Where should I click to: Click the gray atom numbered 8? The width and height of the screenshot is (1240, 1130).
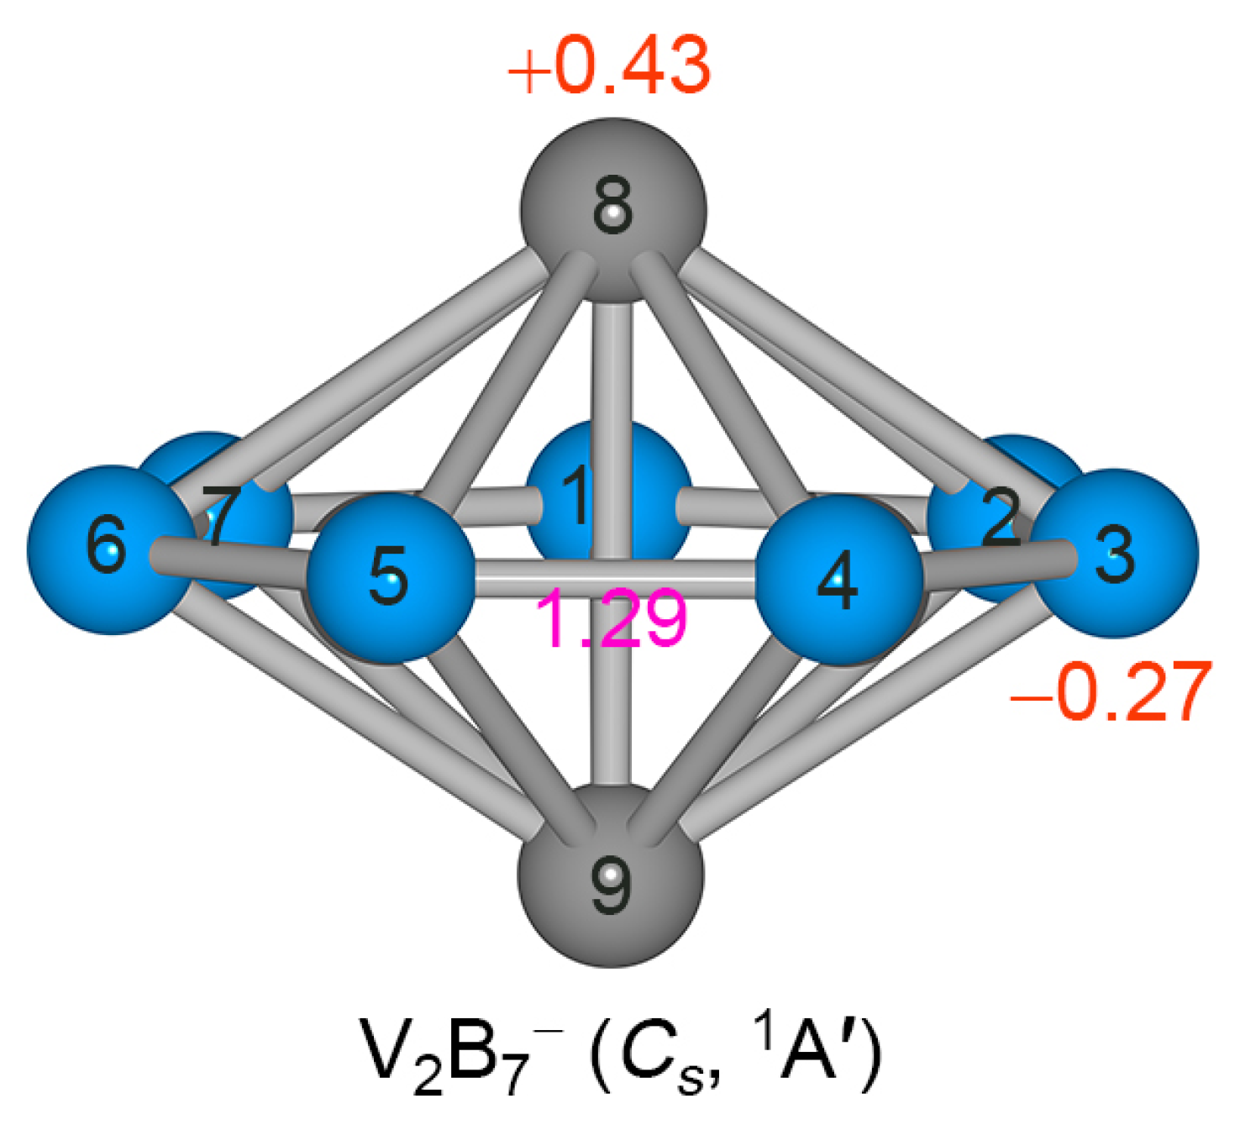tap(613, 210)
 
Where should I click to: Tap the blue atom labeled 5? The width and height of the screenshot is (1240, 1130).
tap(388, 576)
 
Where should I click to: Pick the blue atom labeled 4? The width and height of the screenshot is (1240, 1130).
tap(838, 580)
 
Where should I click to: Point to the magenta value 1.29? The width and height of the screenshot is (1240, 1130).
tap(611, 620)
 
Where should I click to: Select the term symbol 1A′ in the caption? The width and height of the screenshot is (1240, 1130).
tap(807, 1050)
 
